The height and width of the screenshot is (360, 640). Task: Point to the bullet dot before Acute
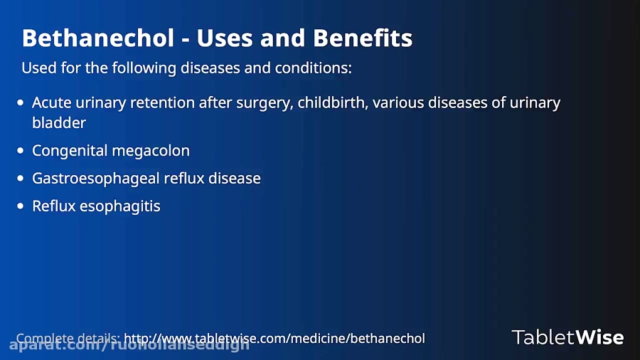[x=20, y=103]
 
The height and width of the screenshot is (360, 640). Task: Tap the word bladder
[x=59, y=122]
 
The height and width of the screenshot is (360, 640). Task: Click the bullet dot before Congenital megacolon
[x=20, y=151]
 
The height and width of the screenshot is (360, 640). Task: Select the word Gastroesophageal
[x=96, y=178]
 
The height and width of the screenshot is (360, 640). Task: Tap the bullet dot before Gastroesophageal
[x=20, y=178]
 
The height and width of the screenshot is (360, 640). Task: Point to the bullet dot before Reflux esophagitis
[x=20, y=206]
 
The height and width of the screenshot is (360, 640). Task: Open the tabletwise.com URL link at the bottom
[x=274, y=338]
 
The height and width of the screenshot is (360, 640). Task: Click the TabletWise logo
[x=567, y=337]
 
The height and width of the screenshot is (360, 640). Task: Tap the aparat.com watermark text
[x=128, y=346]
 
